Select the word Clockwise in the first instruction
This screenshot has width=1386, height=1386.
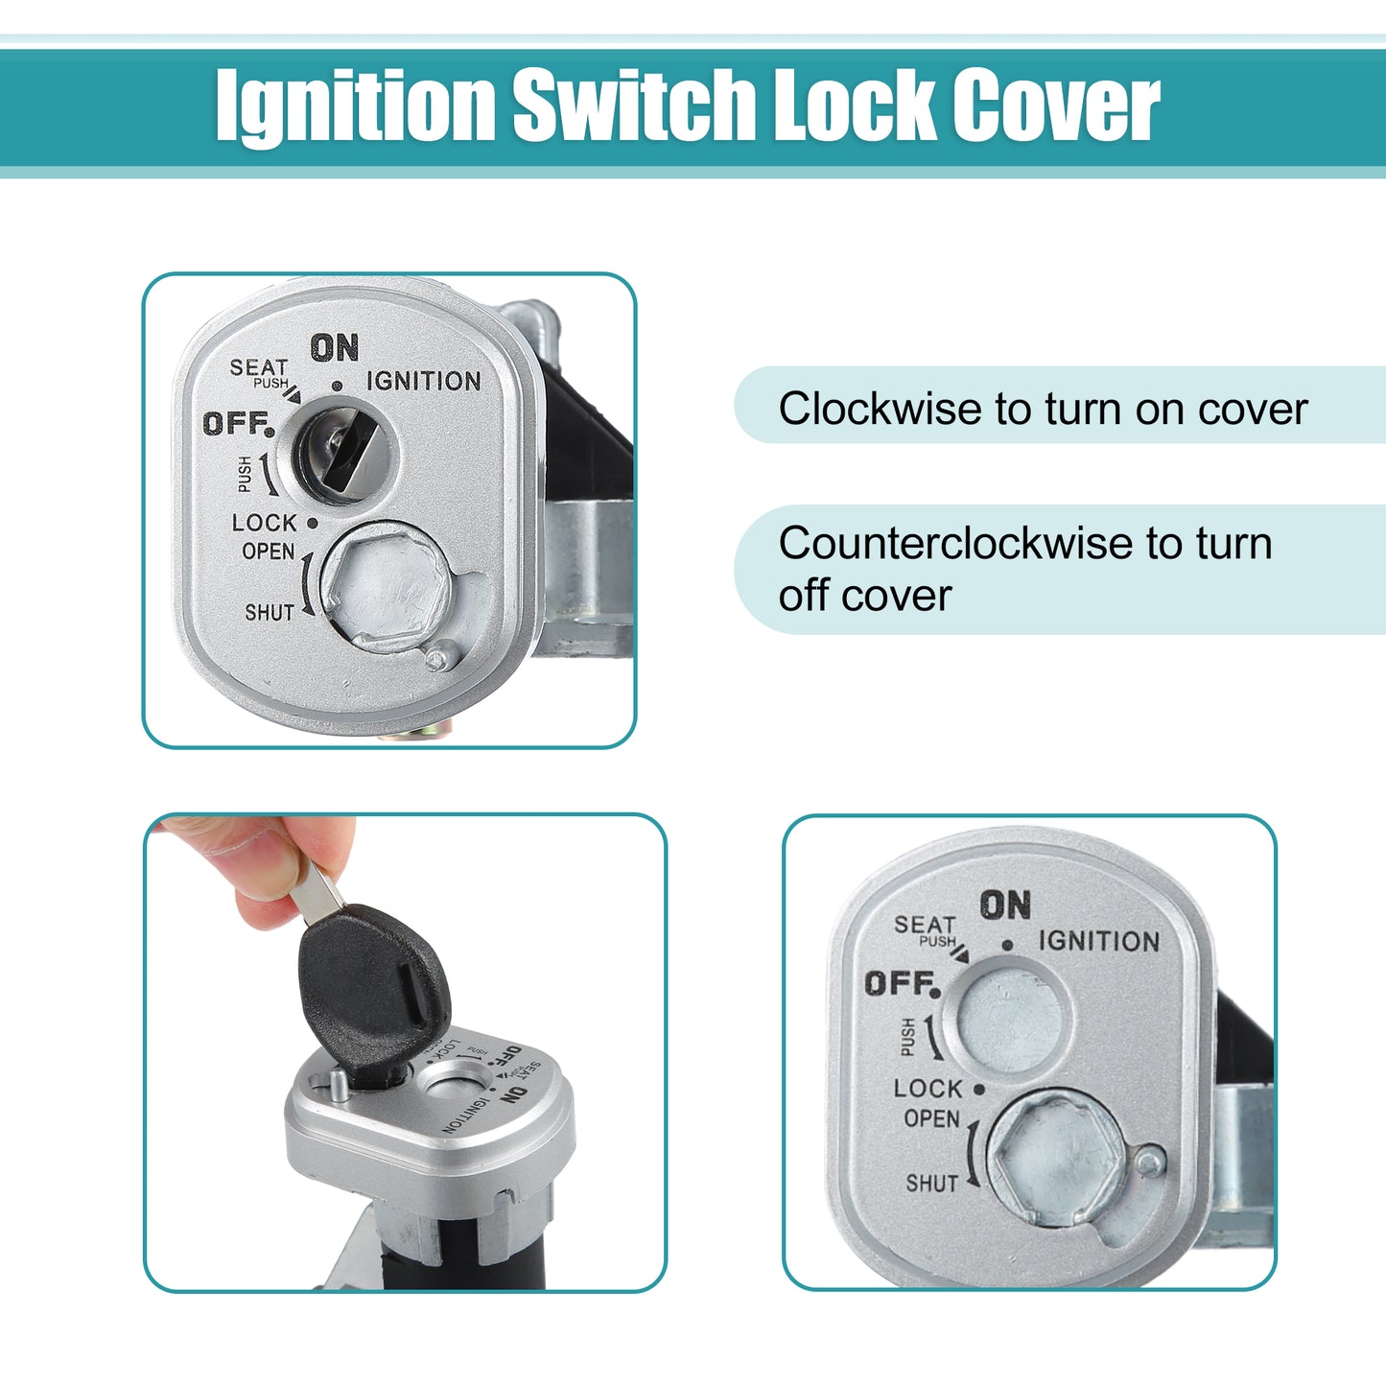[x=880, y=409]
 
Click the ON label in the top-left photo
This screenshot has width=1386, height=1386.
[x=334, y=348]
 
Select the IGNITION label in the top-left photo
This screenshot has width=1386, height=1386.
[x=423, y=381]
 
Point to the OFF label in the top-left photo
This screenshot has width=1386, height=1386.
[x=238, y=424]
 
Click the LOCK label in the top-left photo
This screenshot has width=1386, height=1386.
[x=265, y=523]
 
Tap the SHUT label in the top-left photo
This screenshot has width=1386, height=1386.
[x=270, y=613]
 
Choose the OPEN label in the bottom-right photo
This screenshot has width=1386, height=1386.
[x=931, y=1118]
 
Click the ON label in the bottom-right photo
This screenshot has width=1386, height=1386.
[x=1005, y=904]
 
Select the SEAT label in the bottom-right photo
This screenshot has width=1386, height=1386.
[x=925, y=925]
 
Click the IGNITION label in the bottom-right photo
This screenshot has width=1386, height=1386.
[x=1099, y=942]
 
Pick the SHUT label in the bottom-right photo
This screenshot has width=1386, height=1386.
[x=932, y=1184]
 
